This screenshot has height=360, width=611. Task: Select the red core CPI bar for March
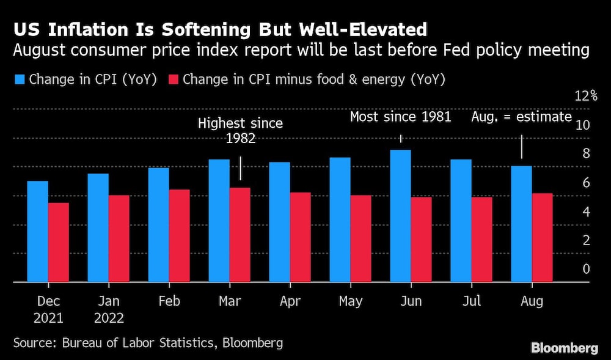click(x=240, y=235)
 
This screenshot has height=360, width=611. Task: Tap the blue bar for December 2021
click(x=38, y=232)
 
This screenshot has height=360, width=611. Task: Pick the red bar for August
click(x=542, y=238)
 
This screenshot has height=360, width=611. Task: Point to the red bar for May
click(x=360, y=239)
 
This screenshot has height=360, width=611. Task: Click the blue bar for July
click(x=461, y=221)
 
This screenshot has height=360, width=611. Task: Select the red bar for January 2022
click(x=119, y=239)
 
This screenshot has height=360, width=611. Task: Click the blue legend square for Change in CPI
click(x=20, y=79)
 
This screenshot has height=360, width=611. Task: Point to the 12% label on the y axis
click(x=585, y=96)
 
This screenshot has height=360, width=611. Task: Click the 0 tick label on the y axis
click(x=586, y=269)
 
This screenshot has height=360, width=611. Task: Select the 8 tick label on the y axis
click(x=586, y=153)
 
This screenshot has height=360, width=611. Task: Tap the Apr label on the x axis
click(x=290, y=302)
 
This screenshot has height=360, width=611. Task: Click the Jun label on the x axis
click(x=411, y=302)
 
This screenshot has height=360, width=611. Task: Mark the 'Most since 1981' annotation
click(x=400, y=117)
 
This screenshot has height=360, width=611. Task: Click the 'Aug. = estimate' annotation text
click(x=521, y=117)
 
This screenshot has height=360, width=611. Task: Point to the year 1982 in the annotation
click(x=240, y=139)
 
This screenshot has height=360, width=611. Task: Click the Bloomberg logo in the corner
click(x=564, y=348)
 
